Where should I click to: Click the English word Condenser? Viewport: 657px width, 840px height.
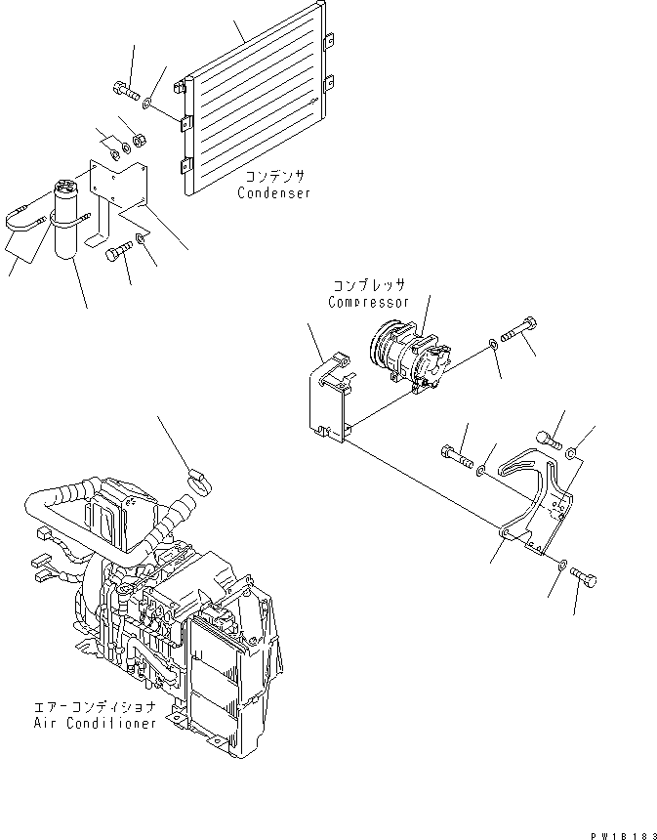273,193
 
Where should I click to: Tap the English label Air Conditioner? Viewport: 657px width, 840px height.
92,724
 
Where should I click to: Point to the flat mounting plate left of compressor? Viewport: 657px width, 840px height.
329,400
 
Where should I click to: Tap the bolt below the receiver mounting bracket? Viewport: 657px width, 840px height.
116,257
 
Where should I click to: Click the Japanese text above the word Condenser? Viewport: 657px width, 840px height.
274,176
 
